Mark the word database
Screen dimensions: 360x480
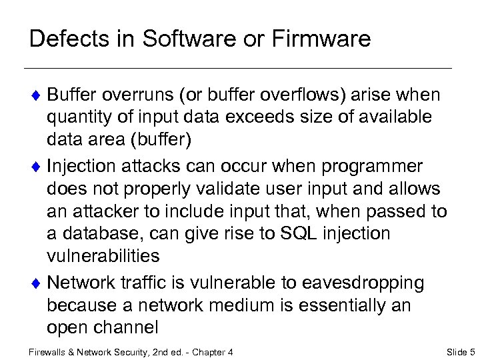[x=99, y=234]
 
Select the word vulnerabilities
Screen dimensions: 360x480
[x=103, y=257]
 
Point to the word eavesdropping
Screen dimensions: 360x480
[x=367, y=283]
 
